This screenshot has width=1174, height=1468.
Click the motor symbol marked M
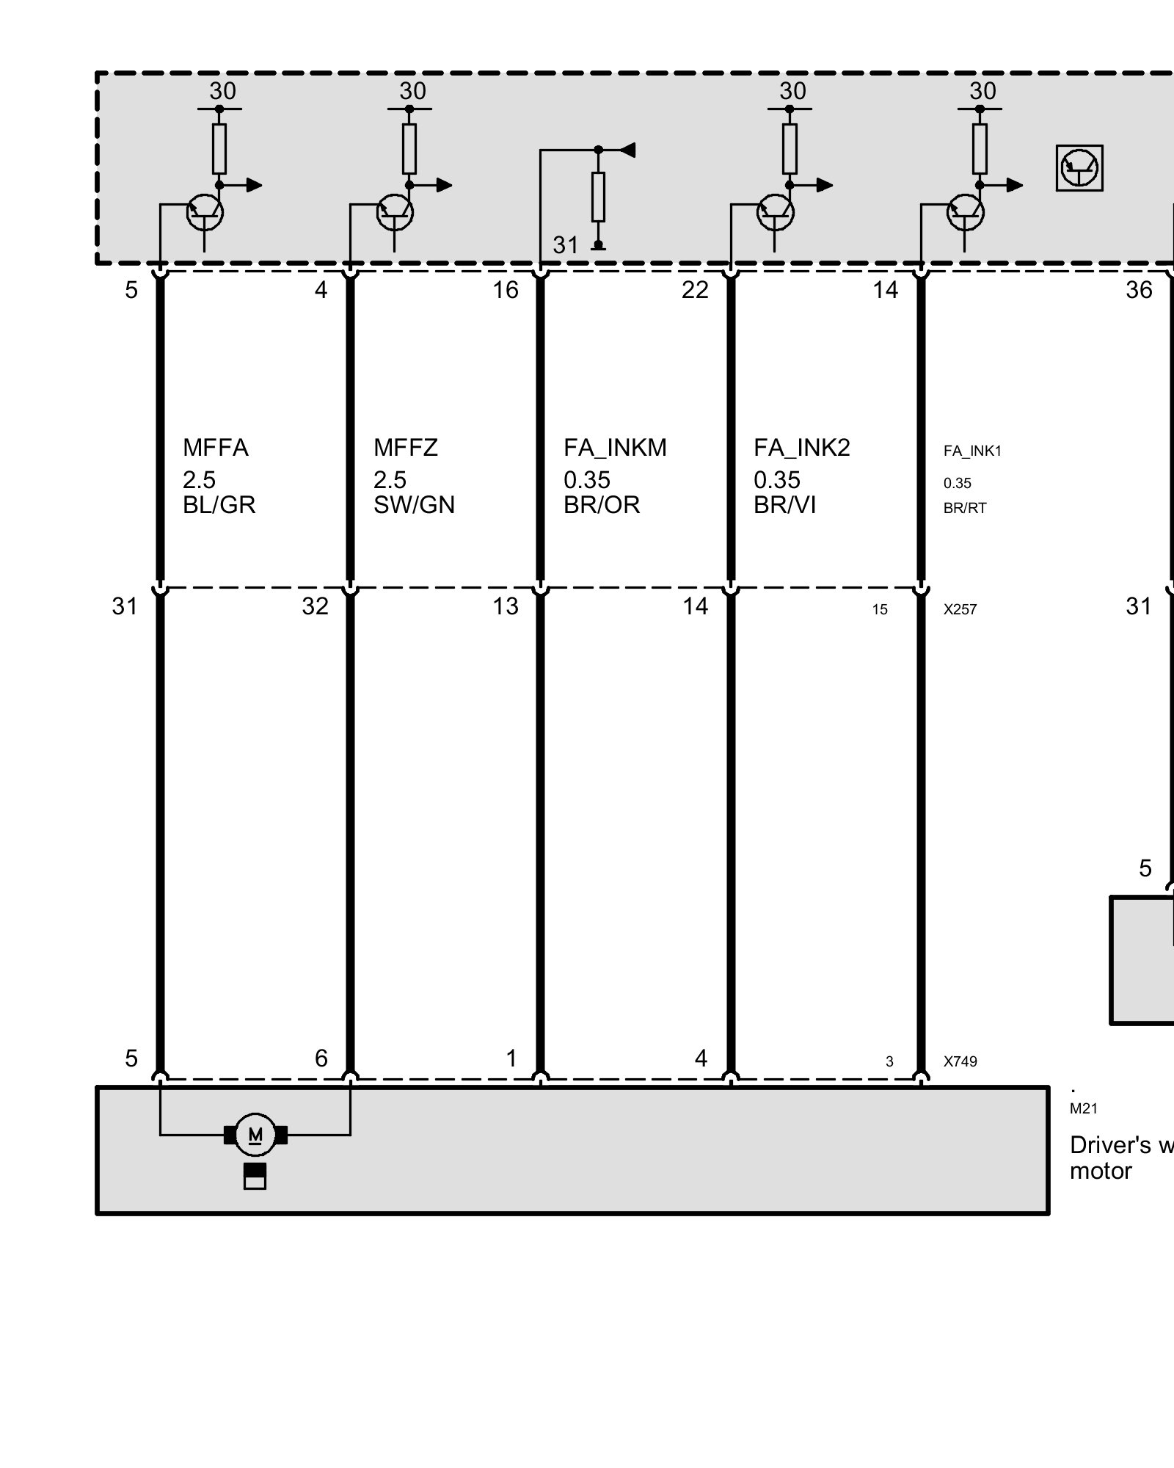click(x=255, y=1135)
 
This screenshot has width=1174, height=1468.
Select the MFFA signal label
click(x=215, y=448)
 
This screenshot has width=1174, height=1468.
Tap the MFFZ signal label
click(x=405, y=448)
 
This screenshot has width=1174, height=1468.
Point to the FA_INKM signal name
click(x=615, y=448)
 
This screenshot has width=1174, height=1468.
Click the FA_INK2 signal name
click(x=801, y=448)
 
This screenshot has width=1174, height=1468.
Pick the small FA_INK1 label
click(x=972, y=451)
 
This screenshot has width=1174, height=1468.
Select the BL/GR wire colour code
click(x=219, y=505)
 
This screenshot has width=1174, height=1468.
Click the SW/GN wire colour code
click(x=414, y=505)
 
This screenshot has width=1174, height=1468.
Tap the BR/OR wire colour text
click(x=602, y=505)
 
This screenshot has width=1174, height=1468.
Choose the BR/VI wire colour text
click(x=784, y=505)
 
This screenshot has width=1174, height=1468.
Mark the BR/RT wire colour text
click(x=965, y=508)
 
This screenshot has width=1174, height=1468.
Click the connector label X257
click(x=960, y=609)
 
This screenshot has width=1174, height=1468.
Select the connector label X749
click(x=960, y=1061)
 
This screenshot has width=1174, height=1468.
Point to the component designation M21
click(x=1083, y=1109)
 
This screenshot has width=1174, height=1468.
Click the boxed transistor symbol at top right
click(x=1079, y=168)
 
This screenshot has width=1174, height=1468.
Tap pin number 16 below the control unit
click(x=505, y=291)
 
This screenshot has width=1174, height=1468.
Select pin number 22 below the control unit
click(x=695, y=291)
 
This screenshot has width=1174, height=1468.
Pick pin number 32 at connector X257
click(x=315, y=606)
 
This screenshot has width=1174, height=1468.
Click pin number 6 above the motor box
click(x=321, y=1058)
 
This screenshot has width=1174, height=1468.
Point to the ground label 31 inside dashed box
click(x=565, y=245)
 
